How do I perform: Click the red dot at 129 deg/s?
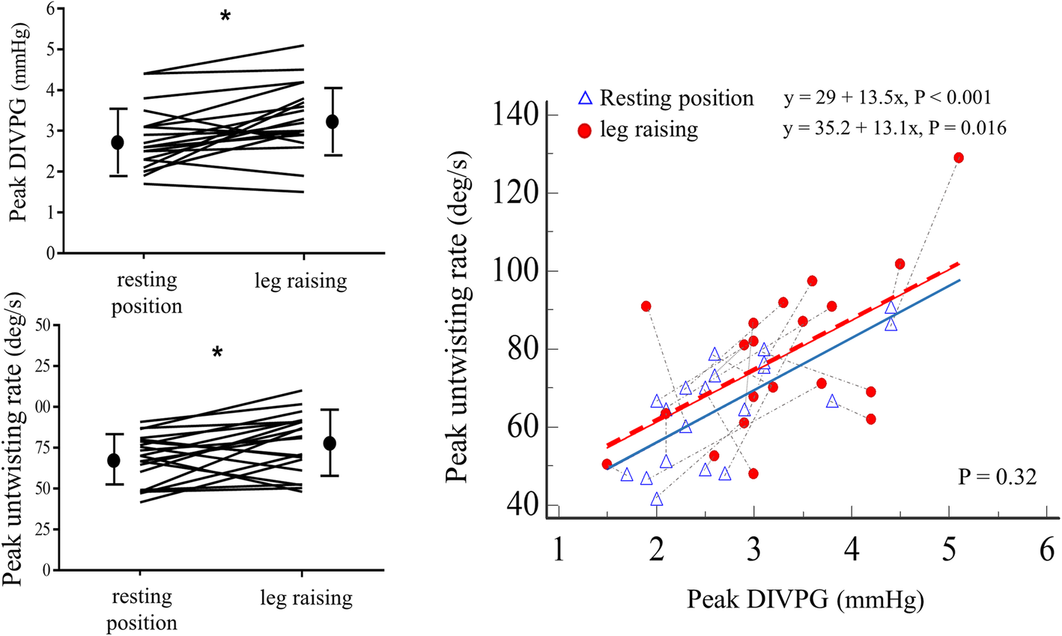pyautogui.click(x=958, y=158)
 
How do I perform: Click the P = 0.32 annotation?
pyautogui.click(x=998, y=477)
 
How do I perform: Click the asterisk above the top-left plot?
pyautogui.click(x=225, y=16)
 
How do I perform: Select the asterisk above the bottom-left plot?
pyautogui.click(x=217, y=353)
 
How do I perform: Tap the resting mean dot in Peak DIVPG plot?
pyautogui.click(x=118, y=142)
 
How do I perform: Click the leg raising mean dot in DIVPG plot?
pyautogui.click(x=333, y=121)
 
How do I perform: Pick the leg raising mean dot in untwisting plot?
pyautogui.click(x=330, y=443)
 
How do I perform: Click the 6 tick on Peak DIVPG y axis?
pyautogui.click(x=49, y=9)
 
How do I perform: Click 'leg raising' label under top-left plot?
pyautogui.click(x=300, y=282)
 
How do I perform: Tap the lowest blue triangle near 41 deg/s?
pyautogui.click(x=657, y=500)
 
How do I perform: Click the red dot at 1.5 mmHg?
pyautogui.click(x=607, y=464)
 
